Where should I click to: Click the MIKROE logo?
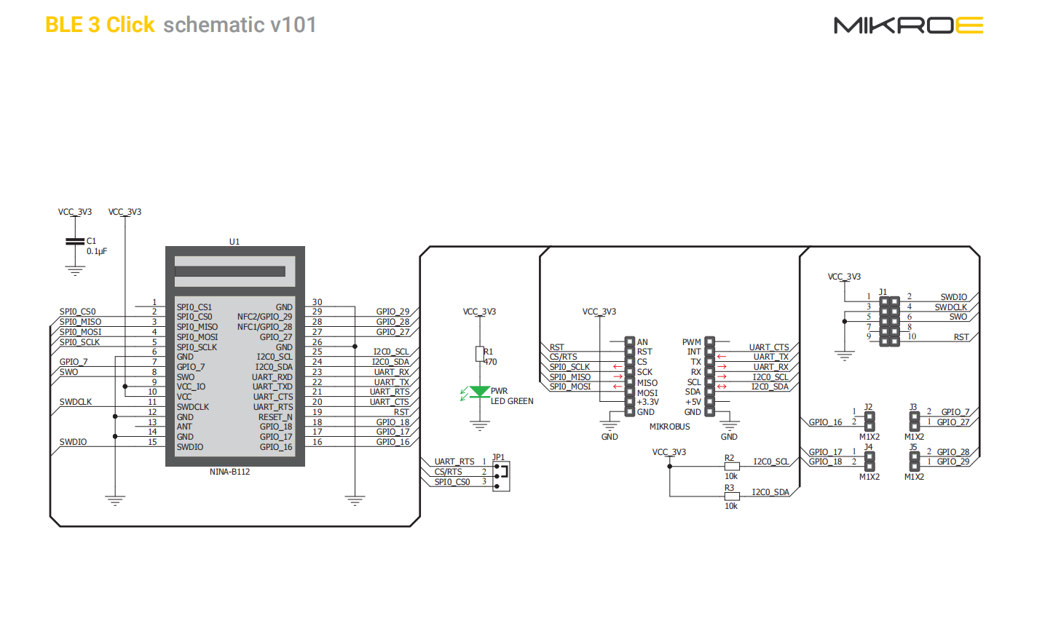click(908, 25)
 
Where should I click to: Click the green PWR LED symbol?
click(480, 392)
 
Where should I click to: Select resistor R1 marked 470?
click(480, 354)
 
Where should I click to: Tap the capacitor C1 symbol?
click(75, 241)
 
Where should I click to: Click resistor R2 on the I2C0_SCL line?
click(732, 467)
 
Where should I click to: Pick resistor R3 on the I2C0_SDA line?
click(732, 497)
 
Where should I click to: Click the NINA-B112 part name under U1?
click(229, 472)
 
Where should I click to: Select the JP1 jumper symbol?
click(501, 476)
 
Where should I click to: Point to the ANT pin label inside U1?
click(184, 427)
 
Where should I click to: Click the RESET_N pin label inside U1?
click(275, 417)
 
